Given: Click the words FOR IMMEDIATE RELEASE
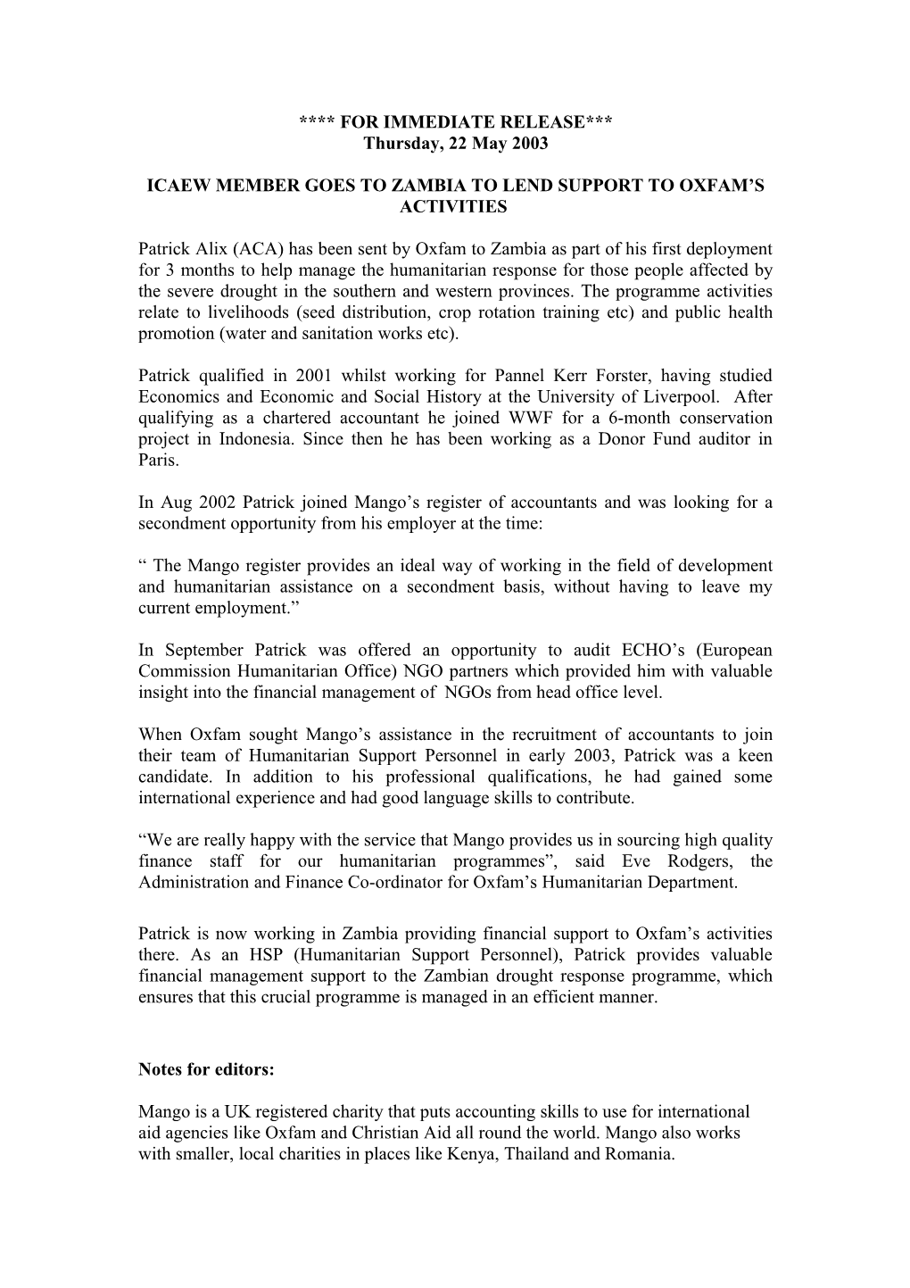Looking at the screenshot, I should point(456,121).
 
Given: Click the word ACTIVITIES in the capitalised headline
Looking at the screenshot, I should point(455,207).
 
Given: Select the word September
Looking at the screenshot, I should point(207,650).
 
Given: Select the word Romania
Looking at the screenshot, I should point(642,1154).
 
